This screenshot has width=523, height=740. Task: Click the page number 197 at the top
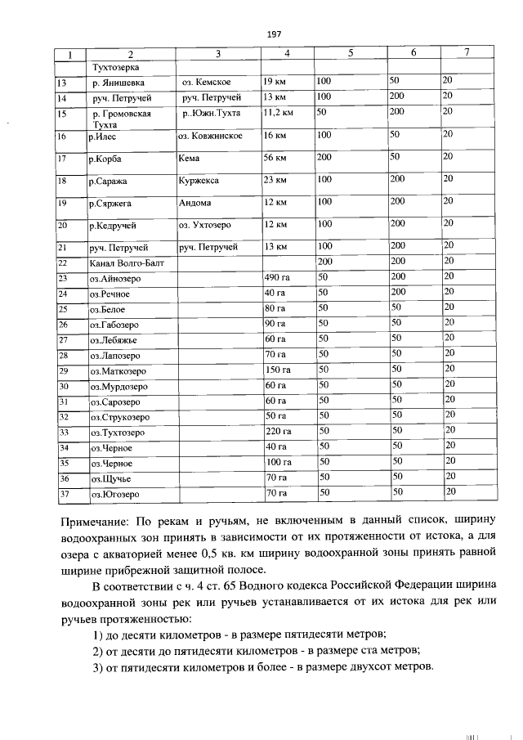click(274, 34)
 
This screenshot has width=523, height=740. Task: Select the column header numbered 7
click(467, 53)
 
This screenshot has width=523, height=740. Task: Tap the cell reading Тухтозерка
click(117, 66)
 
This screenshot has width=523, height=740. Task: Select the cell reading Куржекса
click(198, 179)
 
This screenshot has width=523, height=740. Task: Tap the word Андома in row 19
click(194, 202)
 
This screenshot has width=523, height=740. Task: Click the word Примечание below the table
click(99, 522)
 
